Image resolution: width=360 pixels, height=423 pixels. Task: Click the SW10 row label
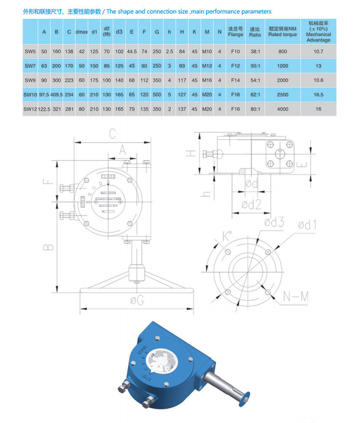(30, 95)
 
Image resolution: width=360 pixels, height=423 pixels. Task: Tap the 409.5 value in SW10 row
(57, 95)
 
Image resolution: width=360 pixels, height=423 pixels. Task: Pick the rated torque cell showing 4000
(282, 109)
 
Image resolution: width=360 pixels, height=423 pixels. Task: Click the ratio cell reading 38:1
(255, 51)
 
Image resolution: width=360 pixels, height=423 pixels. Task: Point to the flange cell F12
(235, 66)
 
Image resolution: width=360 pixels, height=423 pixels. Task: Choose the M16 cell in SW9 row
(207, 80)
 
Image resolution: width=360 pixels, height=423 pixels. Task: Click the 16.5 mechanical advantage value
(318, 95)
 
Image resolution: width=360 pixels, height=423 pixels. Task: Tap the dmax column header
(82, 32)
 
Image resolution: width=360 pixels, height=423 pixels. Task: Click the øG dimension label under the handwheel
(137, 300)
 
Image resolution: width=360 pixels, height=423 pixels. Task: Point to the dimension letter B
(49, 247)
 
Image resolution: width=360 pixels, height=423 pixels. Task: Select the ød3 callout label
(274, 222)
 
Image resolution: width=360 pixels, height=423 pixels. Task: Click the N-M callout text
(296, 297)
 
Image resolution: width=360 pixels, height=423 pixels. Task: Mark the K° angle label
(227, 236)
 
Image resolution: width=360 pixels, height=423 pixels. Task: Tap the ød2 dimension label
(251, 205)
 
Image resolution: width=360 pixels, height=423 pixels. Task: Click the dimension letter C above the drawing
(113, 134)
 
